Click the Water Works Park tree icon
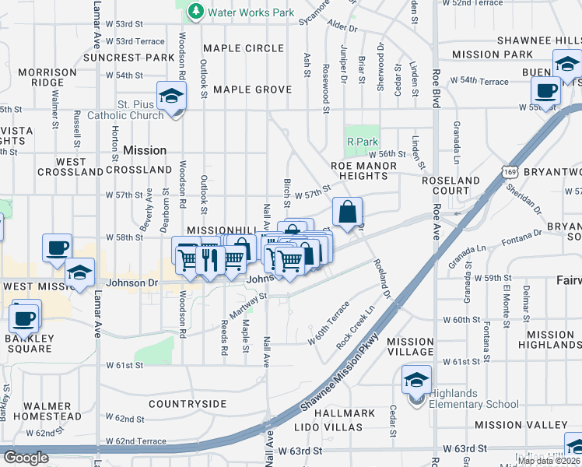[x=195, y=12]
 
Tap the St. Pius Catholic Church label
[x=141, y=110]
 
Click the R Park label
[x=361, y=142]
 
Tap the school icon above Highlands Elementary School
[x=416, y=381]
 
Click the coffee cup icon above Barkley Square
[x=24, y=317]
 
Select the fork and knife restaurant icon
[x=209, y=258]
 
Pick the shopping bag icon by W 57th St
[x=347, y=210]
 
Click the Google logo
[x=26, y=458]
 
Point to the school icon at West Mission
[x=79, y=273]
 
